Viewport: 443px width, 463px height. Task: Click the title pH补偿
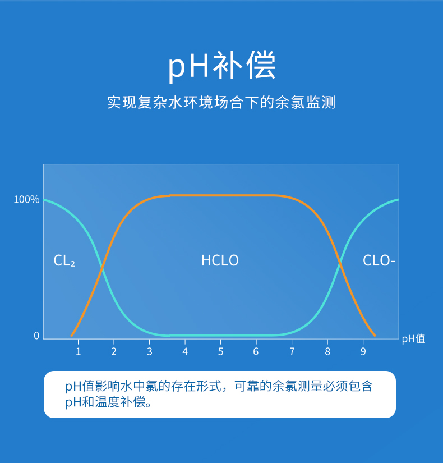221,66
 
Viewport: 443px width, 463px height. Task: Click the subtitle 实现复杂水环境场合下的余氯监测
221,103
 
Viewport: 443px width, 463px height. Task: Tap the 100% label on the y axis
26,200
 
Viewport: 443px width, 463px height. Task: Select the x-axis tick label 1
78,352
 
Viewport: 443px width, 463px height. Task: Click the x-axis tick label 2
113,352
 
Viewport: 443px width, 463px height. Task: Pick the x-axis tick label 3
149,352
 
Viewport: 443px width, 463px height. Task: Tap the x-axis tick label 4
185,352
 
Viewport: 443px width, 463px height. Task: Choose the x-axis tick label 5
220,352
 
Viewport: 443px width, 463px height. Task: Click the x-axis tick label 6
256,352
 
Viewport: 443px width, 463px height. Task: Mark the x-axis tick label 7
292,352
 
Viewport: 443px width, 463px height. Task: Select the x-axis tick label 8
327,352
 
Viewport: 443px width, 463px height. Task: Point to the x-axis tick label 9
363,352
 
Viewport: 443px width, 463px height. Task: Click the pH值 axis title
413,339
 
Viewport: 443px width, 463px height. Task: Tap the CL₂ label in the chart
64,261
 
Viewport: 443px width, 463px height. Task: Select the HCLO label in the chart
220,261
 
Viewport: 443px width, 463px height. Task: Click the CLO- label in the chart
379,261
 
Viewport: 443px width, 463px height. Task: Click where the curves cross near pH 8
340,263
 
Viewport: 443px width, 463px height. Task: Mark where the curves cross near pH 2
101,268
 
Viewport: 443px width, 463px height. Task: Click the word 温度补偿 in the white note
122,402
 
